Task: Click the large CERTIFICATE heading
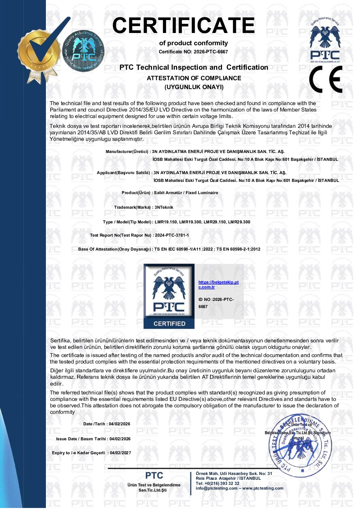[183, 26]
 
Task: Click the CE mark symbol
[325, 80]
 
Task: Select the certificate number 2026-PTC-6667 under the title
[211, 52]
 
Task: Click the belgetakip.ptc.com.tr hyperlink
[218, 285]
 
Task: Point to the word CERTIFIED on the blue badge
[169, 324]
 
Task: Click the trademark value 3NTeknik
[164, 207]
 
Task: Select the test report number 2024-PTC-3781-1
[172, 235]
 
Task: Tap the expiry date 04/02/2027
[120, 453]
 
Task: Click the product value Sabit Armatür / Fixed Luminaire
[186, 193]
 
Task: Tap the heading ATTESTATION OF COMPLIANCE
[194, 78]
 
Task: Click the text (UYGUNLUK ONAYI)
[194, 87]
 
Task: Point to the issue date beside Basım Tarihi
[120, 439]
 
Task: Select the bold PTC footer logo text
[154, 475]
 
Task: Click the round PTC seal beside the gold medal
[83, 51]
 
